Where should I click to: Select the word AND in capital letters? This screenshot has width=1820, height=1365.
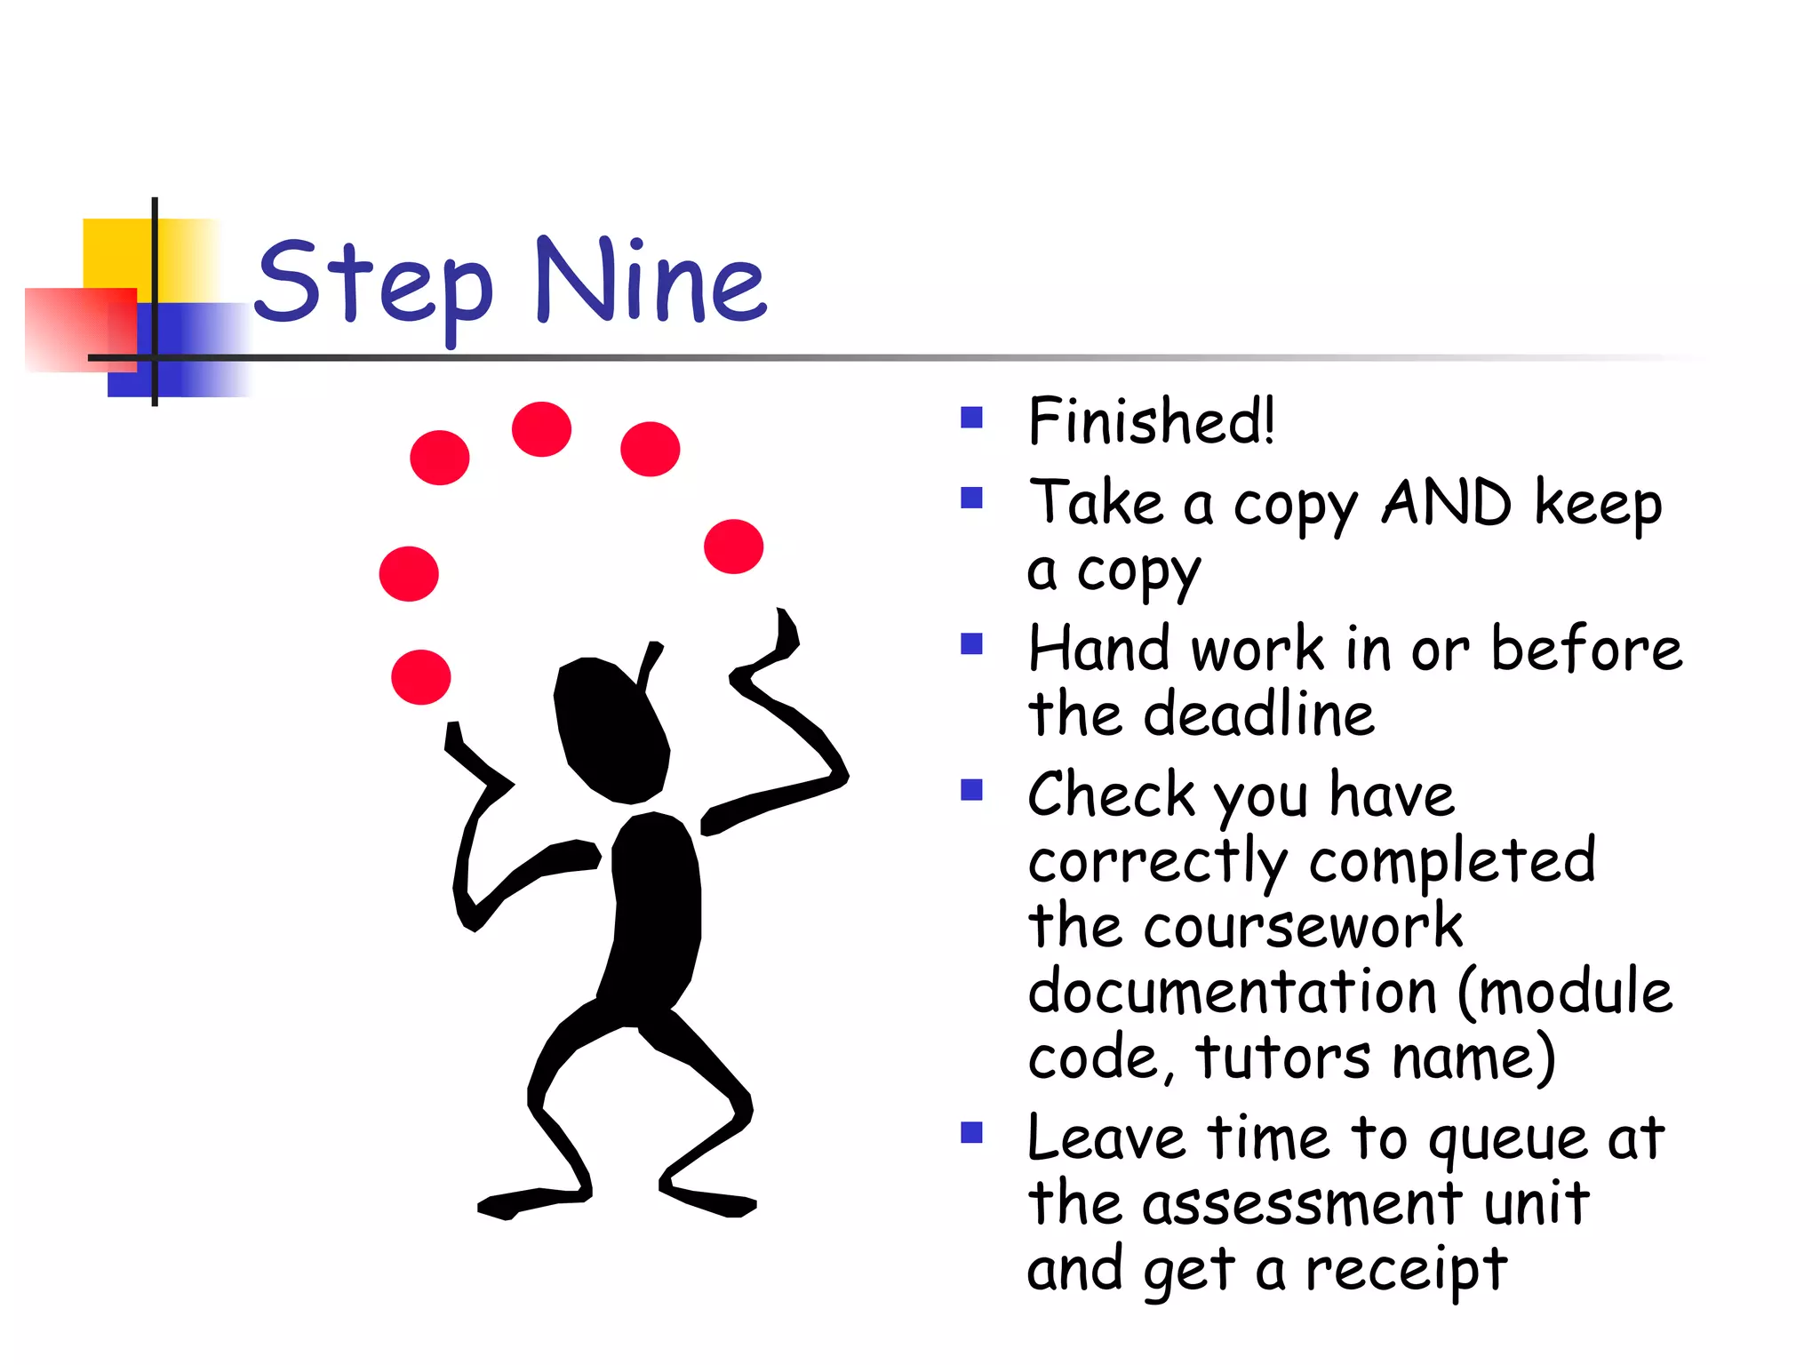tap(1446, 503)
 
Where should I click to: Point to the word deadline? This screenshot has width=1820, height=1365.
tap(1258, 714)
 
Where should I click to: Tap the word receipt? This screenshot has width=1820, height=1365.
tap(1406, 1269)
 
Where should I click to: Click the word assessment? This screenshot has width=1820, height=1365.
tap(1302, 1205)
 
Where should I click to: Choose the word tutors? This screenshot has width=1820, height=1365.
tap(1282, 1058)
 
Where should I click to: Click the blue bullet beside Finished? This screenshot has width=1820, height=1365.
tap(971, 417)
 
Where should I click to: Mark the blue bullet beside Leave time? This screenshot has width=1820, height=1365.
tap(971, 1132)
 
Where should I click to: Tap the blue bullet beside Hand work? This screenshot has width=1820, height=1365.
tap(971, 643)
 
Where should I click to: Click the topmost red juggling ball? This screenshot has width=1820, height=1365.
tap(541, 429)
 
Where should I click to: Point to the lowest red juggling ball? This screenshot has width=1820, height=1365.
tap(421, 677)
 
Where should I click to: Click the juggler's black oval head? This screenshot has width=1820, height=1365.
tap(611, 729)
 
